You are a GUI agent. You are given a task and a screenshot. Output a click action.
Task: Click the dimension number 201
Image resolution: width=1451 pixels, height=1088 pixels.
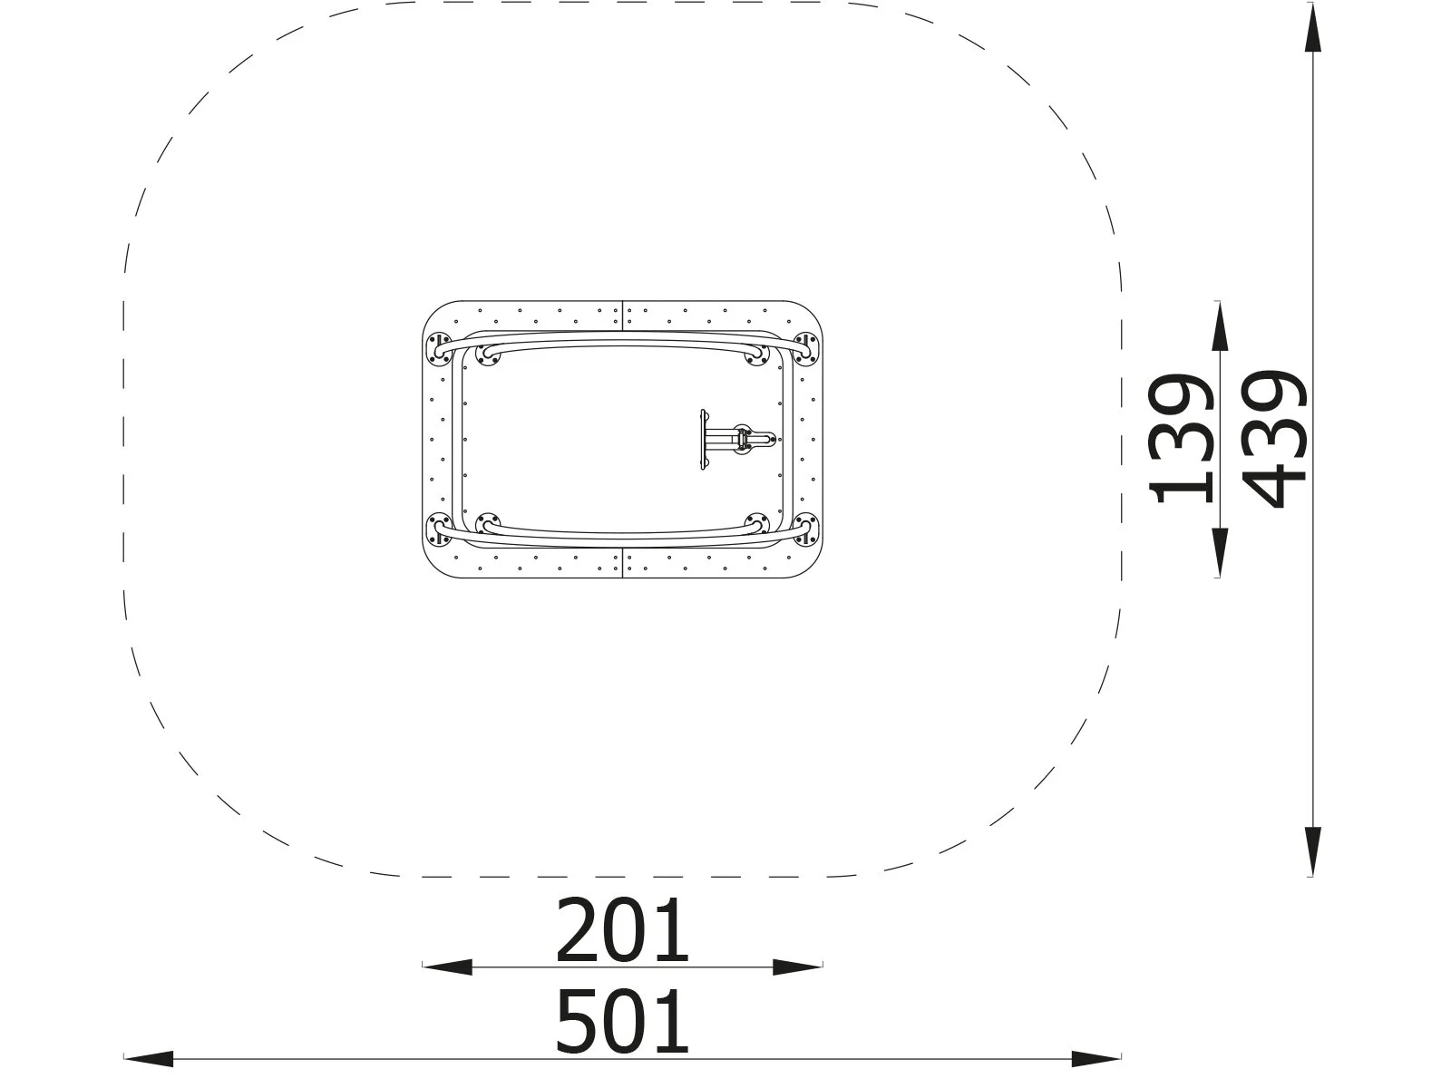[x=622, y=931]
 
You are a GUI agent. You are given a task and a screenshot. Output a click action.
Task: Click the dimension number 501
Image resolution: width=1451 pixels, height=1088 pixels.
[x=622, y=1022]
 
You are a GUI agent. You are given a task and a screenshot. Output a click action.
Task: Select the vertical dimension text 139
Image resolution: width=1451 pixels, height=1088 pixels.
[x=1181, y=439]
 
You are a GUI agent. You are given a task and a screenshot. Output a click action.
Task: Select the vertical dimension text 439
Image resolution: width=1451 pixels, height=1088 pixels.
[x=1275, y=439]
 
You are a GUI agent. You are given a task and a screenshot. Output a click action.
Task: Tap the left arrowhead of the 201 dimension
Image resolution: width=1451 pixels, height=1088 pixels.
[x=448, y=967]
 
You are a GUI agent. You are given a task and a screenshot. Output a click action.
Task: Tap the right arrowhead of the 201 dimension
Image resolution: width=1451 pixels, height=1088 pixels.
[x=797, y=967]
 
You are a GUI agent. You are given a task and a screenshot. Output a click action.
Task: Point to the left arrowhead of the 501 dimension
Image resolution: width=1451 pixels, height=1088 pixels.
[x=149, y=1058]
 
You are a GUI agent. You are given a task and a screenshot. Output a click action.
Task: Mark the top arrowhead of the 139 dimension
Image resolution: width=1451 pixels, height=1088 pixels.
[x=1219, y=325]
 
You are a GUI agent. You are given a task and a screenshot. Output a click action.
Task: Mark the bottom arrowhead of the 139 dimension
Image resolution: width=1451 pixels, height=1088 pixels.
[x=1219, y=553]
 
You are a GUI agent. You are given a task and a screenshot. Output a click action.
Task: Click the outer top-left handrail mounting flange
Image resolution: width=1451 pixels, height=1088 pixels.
[x=440, y=347]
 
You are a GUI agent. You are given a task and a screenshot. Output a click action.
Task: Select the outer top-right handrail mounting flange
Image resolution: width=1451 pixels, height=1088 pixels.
[x=804, y=347]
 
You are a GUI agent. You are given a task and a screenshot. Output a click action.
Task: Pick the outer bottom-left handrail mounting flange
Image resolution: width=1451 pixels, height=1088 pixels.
[x=440, y=529]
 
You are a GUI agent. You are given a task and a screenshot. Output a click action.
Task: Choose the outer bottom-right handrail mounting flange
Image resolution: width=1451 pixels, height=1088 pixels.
[x=804, y=529]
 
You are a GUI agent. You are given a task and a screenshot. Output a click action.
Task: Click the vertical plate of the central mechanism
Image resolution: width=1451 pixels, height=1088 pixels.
[x=702, y=440]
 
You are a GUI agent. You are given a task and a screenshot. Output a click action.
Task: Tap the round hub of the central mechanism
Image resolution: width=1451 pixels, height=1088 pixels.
[x=745, y=440]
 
